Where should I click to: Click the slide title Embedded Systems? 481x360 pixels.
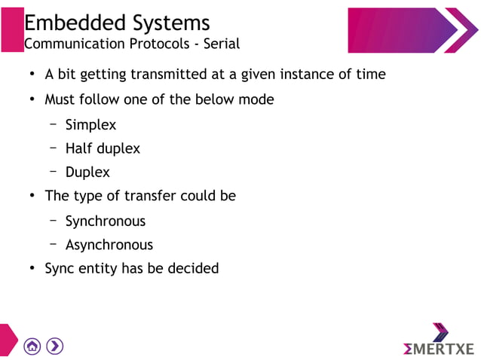point(117,22)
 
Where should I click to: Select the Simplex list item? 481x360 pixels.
point(90,125)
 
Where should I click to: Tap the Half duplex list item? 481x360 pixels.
point(103,148)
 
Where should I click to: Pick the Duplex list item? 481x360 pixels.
point(87,172)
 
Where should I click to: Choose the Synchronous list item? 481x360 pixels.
point(105,221)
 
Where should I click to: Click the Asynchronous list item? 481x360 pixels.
point(109,245)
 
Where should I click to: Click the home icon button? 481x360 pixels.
point(32,346)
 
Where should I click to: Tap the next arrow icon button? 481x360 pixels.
point(55,346)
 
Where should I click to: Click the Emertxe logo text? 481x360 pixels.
point(439,348)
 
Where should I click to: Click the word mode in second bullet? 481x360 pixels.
point(256,99)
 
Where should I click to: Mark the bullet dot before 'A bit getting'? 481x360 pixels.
point(32,75)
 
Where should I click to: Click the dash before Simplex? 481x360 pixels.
point(54,124)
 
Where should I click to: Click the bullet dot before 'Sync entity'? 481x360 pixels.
point(32,269)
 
